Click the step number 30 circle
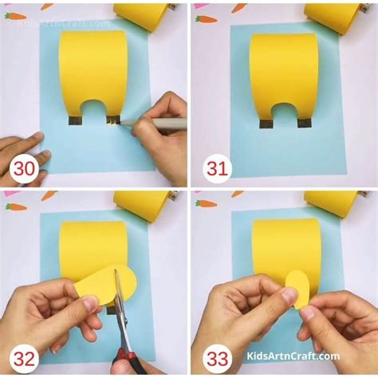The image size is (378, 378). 25,168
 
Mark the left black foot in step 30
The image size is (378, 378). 75,121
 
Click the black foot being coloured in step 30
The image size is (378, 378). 113,120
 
